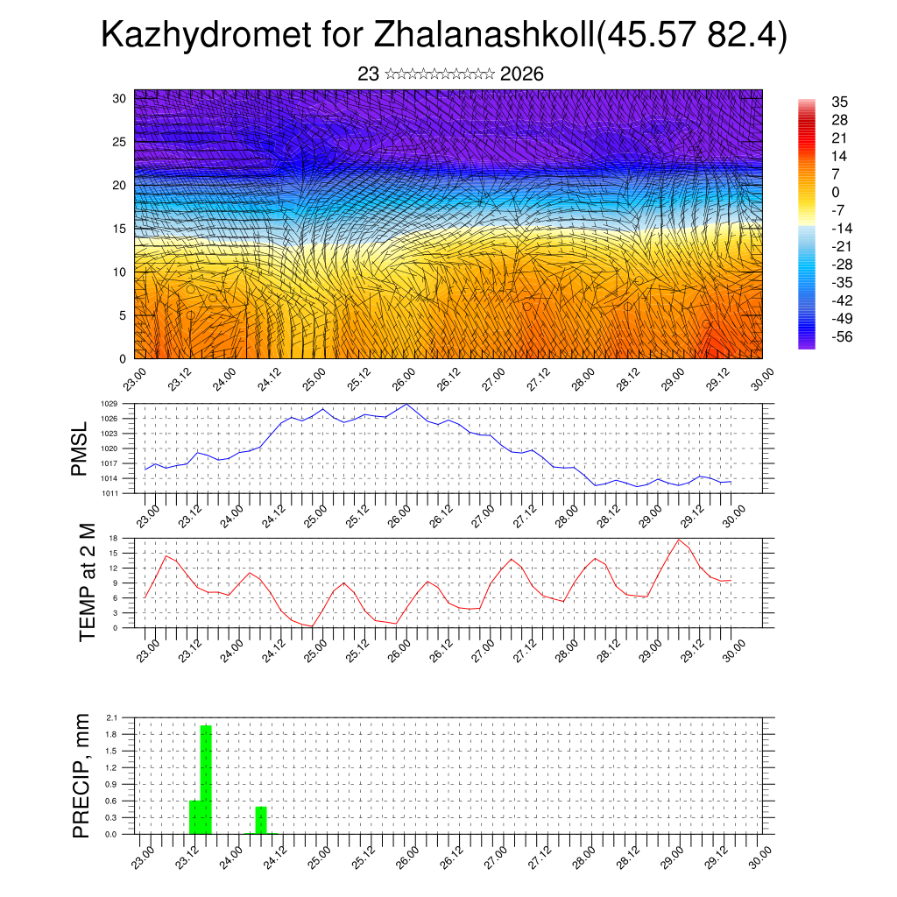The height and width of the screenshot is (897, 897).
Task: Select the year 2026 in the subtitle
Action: point(522,74)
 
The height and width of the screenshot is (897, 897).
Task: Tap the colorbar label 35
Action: point(840,102)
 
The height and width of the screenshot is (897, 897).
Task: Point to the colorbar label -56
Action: point(840,336)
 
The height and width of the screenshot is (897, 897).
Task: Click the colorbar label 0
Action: point(836,192)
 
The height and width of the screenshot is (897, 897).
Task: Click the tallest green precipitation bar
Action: point(207,779)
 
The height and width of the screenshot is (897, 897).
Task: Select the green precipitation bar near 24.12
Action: point(261,820)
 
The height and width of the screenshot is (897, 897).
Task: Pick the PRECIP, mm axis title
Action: point(81,774)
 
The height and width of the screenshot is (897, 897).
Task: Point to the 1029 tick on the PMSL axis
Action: point(109,404)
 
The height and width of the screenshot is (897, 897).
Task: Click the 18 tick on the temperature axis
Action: point(114,538)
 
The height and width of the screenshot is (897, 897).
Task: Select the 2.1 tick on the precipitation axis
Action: point(112,717)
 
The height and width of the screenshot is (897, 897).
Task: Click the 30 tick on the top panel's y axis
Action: point(119,98)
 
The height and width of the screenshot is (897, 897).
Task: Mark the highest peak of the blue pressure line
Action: point(406,405)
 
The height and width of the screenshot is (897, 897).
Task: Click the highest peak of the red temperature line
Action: point(678,539)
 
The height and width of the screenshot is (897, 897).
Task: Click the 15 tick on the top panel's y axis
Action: point(119,229)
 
